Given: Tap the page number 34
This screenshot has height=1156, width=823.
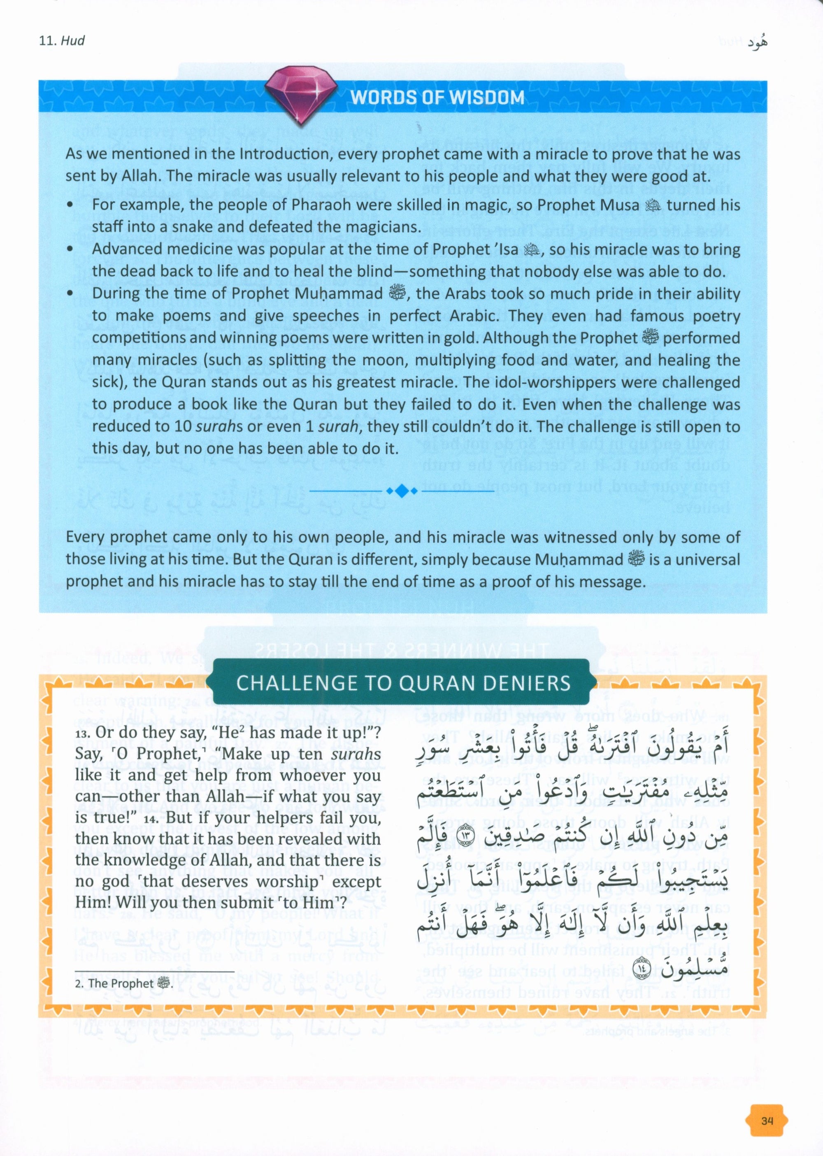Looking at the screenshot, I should pos(767,1105).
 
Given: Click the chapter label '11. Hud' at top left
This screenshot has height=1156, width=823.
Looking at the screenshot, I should pos(61,41).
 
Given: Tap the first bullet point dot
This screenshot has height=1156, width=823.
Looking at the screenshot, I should pos(70,206).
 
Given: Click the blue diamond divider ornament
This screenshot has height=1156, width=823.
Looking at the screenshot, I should pos(401,491).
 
